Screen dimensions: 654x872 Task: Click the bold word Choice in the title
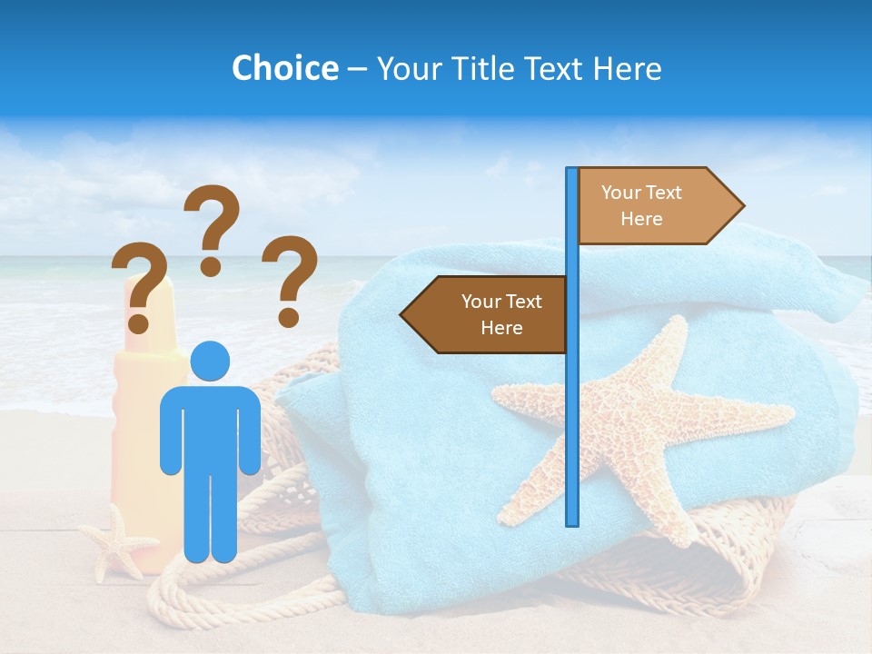tap(284, 68)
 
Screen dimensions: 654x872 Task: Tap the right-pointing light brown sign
tap(654, 206)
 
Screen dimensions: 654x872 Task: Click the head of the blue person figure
tap(210, 362)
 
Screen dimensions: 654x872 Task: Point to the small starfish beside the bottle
tap(117, 542)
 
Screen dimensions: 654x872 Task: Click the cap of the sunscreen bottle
tap(154, 313)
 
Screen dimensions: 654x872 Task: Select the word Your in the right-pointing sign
tap(621, 193)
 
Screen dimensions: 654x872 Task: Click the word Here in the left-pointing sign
tap(501, 328)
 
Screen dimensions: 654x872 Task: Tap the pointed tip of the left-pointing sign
tap(403, 315)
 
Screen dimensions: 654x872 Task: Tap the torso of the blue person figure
tap(210, 427)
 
